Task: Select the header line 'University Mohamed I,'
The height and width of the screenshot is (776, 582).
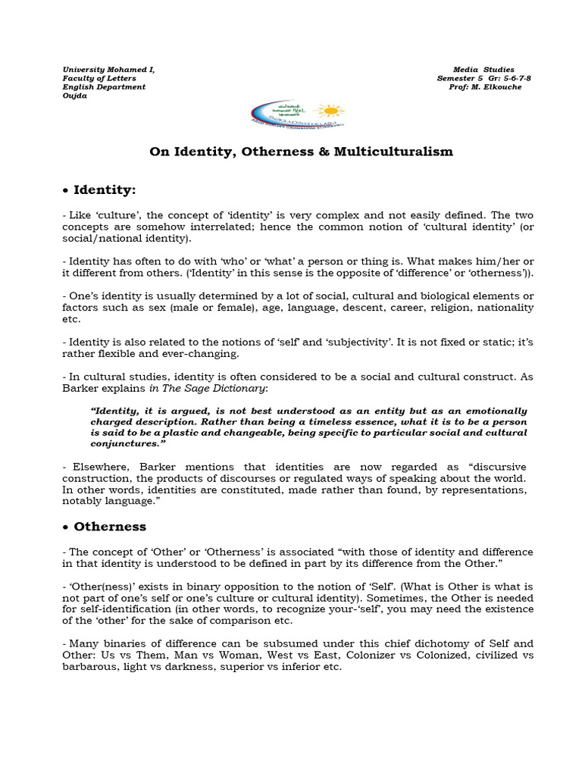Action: pyautogui.click(x=108, y=70)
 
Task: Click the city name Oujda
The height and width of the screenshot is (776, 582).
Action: pyautogui.click(x=74, y=95)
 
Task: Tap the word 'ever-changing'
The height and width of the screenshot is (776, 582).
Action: pyautogui.click(x=205, y=354)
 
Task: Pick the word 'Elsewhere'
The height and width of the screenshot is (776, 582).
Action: pyautogui.click(x=97, y=466)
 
